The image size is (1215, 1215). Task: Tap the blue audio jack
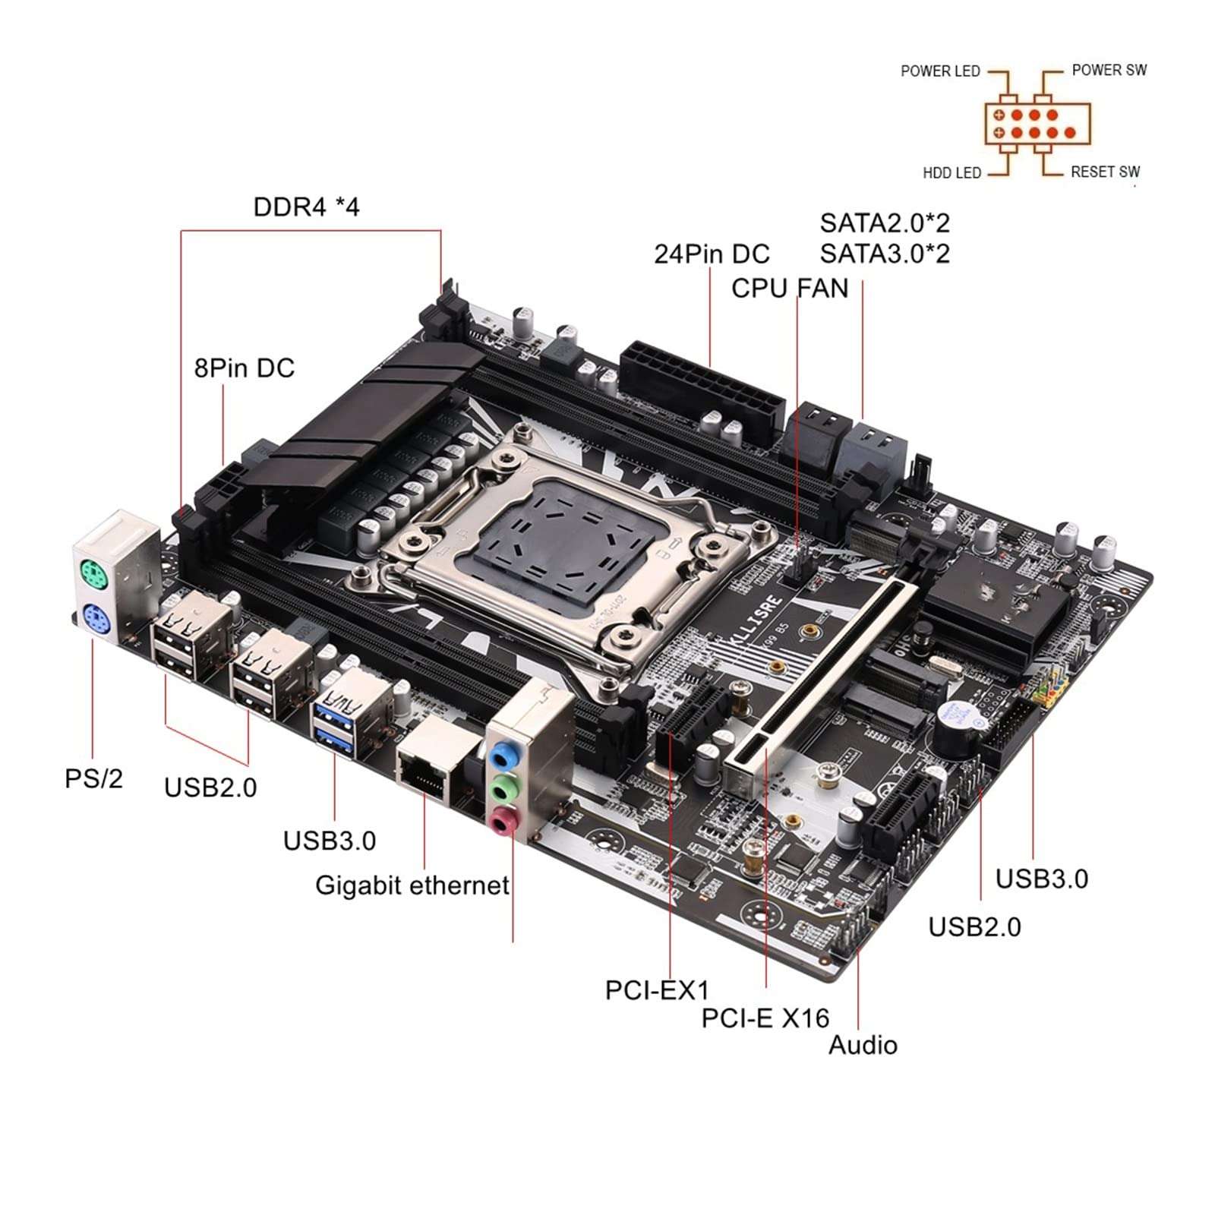pyautogui.click(x=501, y=757)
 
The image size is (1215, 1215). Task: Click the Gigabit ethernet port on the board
pyautogui.click(x=427, y=772)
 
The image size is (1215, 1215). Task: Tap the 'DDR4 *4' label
pyautogui.click(x=306, y=207)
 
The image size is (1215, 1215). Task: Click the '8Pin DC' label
pyautogui.click(x=244, y=368)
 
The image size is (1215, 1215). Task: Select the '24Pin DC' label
pyautogui.click(x=712, y=254)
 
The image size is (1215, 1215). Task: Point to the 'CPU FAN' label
pyautogui.click(x=790, y=289)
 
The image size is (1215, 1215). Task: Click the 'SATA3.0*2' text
pyautogui.click(x=885, y=253)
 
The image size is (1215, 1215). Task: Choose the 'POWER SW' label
pyautogui.click(x=1109, y=70)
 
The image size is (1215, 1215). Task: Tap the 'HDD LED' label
pyautogui.click(x=951, y=173)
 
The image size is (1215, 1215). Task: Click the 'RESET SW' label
pyautogui.click(x=1105, y=172)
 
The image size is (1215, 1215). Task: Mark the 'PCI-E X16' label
pyautogui.click(x=765, y=1018)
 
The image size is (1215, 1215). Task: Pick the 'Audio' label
pyautogui.click(x=863, y=1046)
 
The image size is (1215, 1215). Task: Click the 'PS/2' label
pyautogui.click(x=93, y=778)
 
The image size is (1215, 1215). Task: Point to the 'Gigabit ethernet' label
pyautogui.click(x=412, y=885)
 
